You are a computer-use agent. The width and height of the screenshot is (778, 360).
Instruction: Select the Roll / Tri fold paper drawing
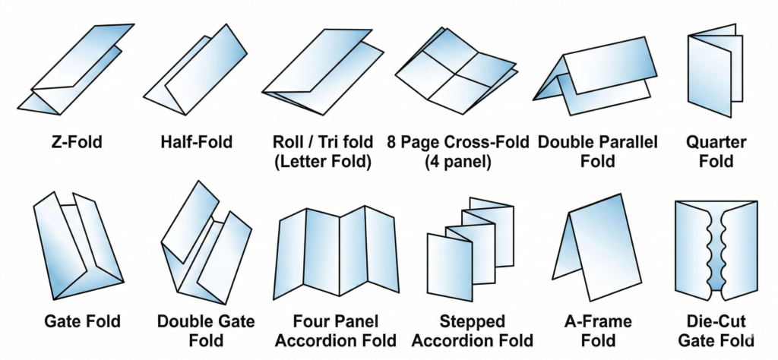pyautogui.click(x=323, y=68)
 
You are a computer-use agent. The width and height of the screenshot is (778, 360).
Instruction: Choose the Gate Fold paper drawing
pyautogui.click(x=76, y=247)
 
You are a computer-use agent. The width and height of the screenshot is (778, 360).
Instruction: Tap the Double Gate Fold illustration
pyautogui.click(x=205, y=243)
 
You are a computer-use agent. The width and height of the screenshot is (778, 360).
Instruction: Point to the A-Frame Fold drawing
pyautogui.click(x=600, y=243)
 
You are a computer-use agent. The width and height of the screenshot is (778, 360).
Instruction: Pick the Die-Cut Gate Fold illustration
pyautogui.click(x=716, y=247)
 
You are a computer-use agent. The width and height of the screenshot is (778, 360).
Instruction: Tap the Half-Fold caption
pyautogui.click(x=197, y=142)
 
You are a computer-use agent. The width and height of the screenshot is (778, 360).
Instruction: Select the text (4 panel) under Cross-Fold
pyautogui.click(x=456, y=161)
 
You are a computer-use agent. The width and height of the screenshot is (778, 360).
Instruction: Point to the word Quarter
pyautogui.click(x=716, y=142)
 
